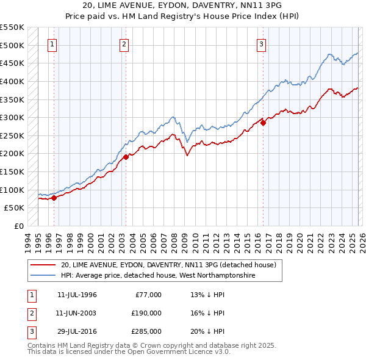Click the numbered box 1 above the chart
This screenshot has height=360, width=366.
point(52,43)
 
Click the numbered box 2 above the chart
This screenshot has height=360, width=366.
point(124,43)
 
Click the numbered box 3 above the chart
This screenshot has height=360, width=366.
point(261,43)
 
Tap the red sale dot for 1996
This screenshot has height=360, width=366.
point(54,198)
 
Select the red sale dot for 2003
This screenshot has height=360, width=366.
point(125,157)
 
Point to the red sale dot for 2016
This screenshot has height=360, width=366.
point(264,123)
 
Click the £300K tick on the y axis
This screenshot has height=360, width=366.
point(12,117)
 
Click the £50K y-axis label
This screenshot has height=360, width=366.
point(14,208)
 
